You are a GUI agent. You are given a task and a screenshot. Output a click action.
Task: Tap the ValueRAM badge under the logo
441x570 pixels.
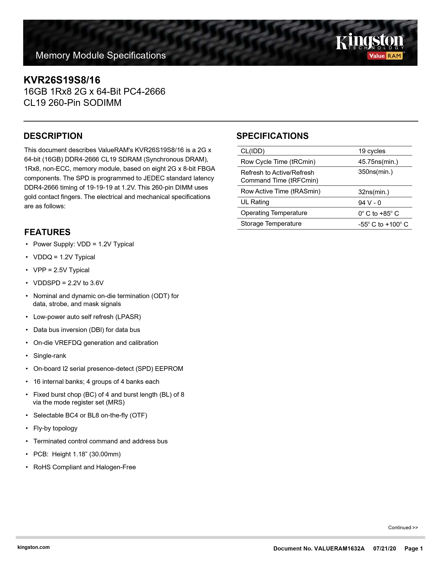[385, 56]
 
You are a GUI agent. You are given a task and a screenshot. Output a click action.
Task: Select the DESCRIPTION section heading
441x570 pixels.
[53, 136]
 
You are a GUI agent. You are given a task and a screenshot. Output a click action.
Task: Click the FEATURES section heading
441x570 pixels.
[47, 232]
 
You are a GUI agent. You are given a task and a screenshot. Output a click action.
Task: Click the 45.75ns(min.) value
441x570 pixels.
[378, 162]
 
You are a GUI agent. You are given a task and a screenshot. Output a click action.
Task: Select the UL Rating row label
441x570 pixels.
[255, 202]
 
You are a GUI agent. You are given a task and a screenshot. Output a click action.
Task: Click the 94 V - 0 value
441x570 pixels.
[369, 203]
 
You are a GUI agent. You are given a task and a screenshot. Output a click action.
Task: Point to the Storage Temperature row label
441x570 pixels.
[271, 224]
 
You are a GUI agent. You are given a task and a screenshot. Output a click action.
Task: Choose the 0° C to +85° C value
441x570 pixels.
[378, 213]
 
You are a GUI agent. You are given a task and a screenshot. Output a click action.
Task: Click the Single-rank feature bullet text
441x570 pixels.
[50, 356]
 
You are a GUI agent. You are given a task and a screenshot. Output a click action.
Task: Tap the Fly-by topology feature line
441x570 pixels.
[55, 428]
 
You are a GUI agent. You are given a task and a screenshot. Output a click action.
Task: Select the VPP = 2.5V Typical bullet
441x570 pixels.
[61, 270]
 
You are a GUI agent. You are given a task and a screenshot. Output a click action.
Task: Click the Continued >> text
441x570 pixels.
[403, 528]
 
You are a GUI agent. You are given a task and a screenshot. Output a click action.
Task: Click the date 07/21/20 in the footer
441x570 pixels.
[384, 549]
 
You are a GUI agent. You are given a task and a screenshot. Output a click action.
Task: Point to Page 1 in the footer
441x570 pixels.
[413, 549]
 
